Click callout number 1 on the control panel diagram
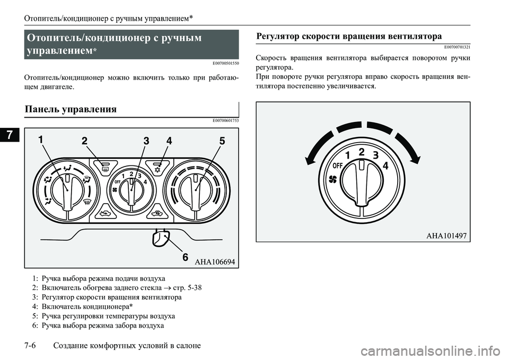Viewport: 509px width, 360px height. point(41,141)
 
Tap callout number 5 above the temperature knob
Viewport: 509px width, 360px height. point(221,141)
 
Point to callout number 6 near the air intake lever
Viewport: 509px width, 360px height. point(185,257)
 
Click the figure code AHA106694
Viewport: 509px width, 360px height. point(214,261)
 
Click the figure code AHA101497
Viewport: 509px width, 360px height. point(446,236)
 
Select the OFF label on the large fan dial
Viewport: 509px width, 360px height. point(335,165)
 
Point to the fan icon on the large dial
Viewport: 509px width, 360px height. point(334,179)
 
